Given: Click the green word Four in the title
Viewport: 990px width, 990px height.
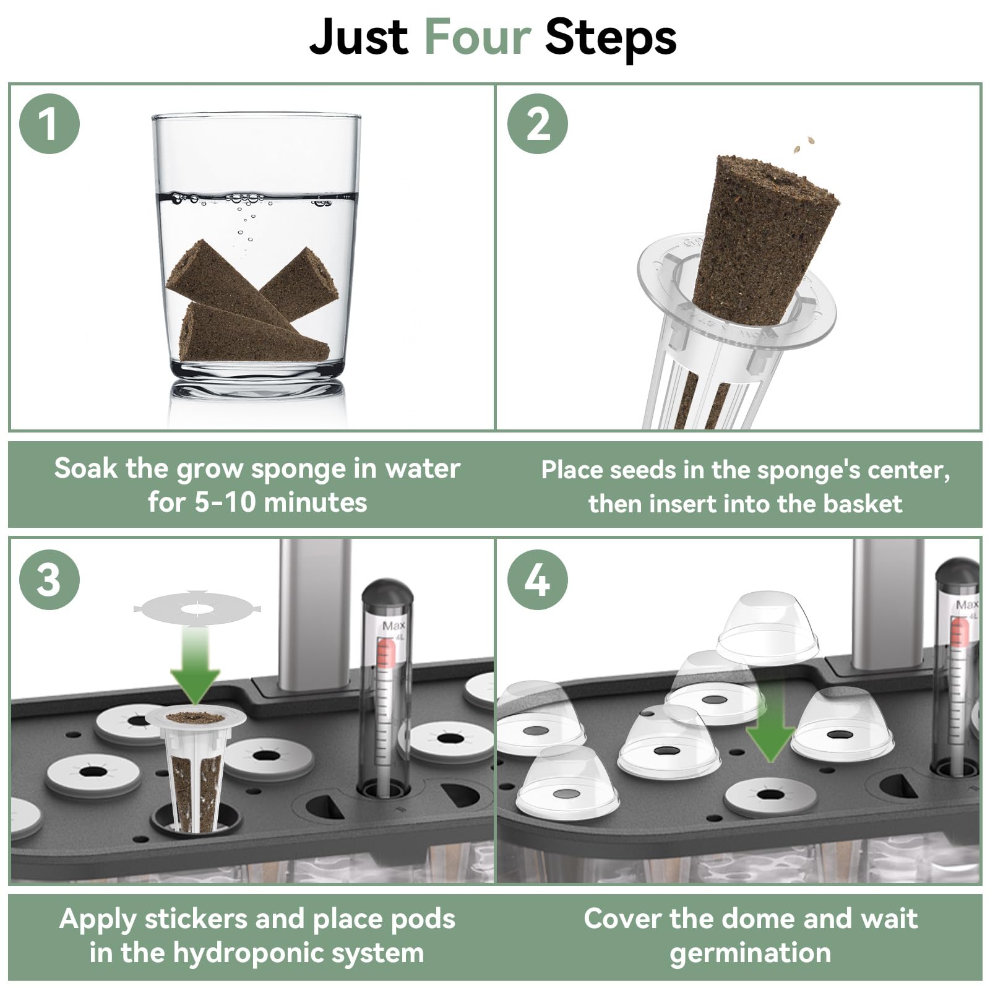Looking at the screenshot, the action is point(478,37).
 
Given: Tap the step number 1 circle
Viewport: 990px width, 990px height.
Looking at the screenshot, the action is point(49,124).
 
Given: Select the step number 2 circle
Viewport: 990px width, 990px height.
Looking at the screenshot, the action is point(538,124).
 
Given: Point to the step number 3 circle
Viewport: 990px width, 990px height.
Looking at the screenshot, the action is point(49,580).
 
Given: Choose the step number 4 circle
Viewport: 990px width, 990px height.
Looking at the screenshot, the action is point(538,580).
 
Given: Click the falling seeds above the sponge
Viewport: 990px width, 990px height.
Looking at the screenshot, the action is point(804,145).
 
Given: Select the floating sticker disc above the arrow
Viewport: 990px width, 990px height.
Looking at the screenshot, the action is point(197,608).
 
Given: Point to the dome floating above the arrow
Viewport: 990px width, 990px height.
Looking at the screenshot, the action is point(767,628).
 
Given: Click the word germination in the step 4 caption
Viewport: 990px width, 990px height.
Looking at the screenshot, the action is point(750,953).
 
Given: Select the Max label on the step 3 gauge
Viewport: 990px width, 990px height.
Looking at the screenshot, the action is point(394,626).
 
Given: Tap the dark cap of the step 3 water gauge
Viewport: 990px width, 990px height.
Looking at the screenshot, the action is point(387,592).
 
